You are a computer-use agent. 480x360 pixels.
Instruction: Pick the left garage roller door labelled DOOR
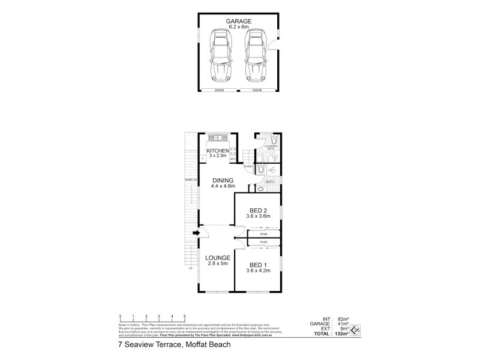tap(220, 90)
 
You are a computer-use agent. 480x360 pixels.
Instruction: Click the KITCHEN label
tap(217, 150)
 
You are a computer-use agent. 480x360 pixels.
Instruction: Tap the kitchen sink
tap(219, 137)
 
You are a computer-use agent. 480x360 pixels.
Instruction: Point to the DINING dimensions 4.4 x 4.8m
tap(222, 186)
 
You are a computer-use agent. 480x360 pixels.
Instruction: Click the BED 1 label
tap(257, 265)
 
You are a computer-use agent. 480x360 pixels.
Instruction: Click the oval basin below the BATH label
tap(260, 189)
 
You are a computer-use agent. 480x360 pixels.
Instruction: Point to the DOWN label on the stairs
tap(248, 166)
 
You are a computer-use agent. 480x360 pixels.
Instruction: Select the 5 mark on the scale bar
tap(185, 316)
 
